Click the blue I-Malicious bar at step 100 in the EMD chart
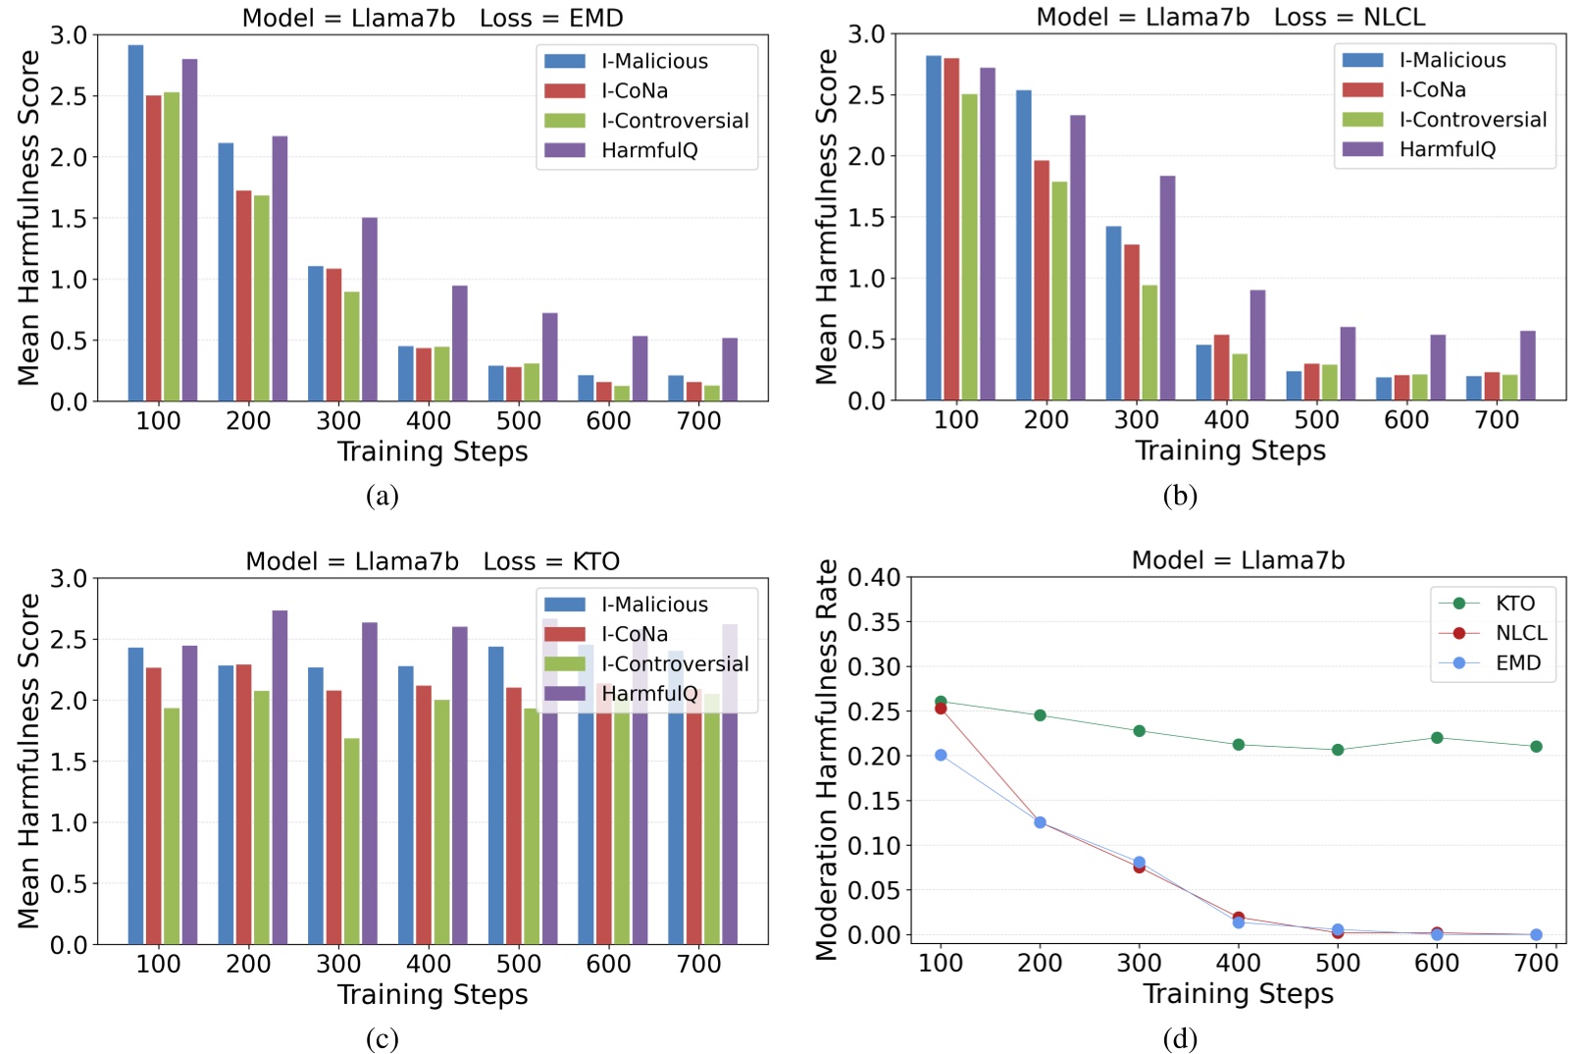coord(135,224)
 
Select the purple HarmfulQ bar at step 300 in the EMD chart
coord(370,309)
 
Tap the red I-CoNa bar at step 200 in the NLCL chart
coord(1041,281)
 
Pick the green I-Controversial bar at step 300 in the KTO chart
coord(351,841)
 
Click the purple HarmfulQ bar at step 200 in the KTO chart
coord(280,777)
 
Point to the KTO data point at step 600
coord(1437,738)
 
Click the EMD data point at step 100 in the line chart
coord(941,755)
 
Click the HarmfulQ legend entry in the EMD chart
coord(648,150)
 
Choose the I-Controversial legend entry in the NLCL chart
coord(1471,120)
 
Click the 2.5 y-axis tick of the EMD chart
coord(69,96)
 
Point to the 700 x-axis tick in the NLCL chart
coord(1496,420)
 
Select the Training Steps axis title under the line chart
coord(1238,994)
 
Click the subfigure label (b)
coord(1180,496)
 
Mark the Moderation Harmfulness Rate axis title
coord(827,760)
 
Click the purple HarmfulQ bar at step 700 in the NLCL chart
coord(1527,365)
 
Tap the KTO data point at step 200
coord(1040,715)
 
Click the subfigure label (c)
coord(382,1038)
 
